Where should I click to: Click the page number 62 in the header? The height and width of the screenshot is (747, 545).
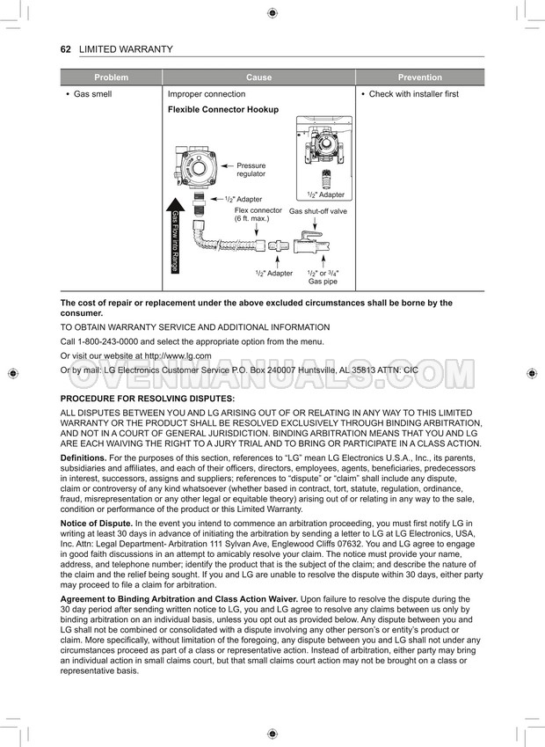coord(65,49)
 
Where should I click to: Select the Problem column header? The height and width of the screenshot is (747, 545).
coord(111,77)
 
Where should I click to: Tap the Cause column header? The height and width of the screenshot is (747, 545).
coord(258,77)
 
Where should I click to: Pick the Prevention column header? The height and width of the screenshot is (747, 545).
coord(419,77)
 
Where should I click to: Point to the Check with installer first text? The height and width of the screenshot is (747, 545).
coord(413,94)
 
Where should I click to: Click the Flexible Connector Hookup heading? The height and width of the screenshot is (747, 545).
coord(222,110)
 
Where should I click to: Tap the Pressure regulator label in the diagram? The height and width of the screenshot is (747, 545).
coord(251,170)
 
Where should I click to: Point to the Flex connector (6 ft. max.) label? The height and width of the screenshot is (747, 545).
coord(258,215)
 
